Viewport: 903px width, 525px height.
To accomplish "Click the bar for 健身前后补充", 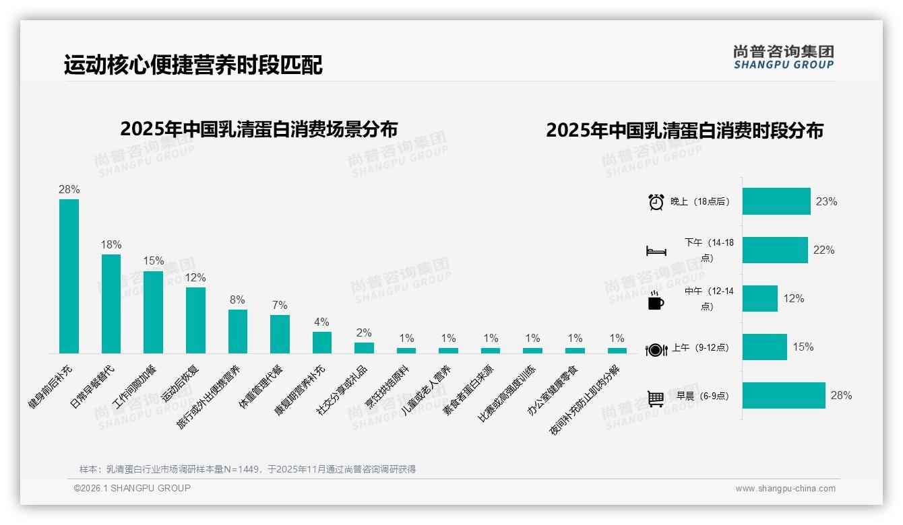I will (x=69, y=276).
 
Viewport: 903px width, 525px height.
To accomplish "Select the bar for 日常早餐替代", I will (x=111, y=304).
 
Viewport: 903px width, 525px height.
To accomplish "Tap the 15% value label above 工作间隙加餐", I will (x=153, y=261).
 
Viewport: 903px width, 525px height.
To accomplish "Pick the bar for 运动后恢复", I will (x=195, y=320).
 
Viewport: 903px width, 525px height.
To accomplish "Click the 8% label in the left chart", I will (x=237, y=300).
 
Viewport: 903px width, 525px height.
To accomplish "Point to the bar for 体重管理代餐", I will (x=280, y=334).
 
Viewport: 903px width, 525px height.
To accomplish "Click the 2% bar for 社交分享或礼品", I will (x=364, y=348).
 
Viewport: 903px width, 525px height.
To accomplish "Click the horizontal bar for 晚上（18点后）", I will (x=776, y=201).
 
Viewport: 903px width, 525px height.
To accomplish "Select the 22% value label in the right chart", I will (x=823, y=250).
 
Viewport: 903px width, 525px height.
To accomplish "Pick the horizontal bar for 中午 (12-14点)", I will (x=760, y=298).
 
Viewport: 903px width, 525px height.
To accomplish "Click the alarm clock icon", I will (x=656, y=202).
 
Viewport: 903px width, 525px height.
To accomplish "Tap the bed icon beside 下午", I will (x=656, y=251).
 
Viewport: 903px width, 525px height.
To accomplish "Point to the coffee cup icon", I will (x=656, y=301).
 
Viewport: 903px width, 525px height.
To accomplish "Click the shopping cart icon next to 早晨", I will (x=656, y=398).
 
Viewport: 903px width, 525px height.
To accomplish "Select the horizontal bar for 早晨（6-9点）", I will (x=784, y=396).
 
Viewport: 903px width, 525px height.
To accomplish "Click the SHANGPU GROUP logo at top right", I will (x=783, y=57).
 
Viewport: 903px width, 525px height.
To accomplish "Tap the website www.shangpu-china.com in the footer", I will (x=785, y=489).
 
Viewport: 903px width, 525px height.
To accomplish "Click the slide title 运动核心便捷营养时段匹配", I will (x=193, y=65).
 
